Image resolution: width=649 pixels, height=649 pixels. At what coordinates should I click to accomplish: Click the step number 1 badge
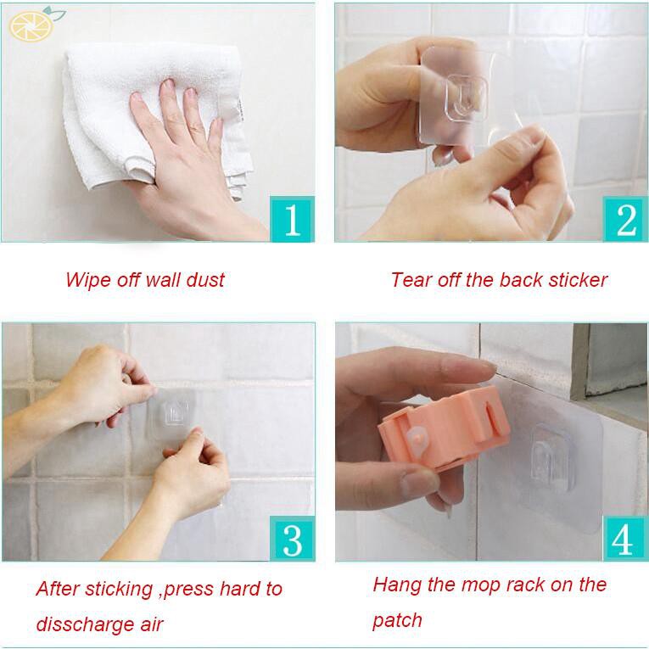click(x=292, y=219)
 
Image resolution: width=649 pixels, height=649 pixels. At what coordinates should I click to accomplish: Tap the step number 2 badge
click(x=625, y=219)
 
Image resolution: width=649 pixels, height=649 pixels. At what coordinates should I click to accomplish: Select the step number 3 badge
click(x=292, y=538)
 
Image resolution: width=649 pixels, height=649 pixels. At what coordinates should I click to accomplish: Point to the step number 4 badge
click(x=625, y=538)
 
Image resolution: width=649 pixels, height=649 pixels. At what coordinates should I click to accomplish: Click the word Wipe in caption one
click(x=87, y=280)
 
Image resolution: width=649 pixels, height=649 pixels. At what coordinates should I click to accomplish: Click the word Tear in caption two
click(x=410, y=280)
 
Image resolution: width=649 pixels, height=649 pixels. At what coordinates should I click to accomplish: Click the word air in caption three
click(x=148, y=624)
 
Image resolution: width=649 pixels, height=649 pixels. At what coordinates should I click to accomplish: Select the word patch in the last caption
click(x=397, y=620)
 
